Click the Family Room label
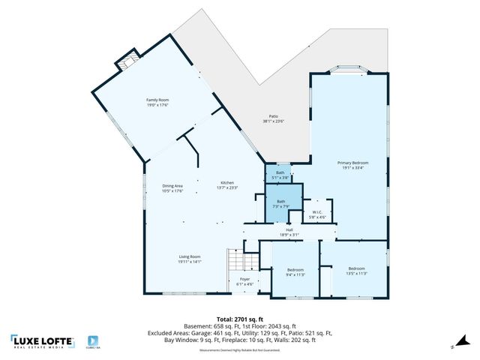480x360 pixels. (157, 101)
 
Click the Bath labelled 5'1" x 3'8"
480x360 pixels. (279, 175)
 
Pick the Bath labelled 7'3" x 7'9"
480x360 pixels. (280, 203)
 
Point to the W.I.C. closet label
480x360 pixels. (317, 214)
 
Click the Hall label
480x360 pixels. (289, 232)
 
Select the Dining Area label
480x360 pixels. (173, 188)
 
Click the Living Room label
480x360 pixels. (189, 259)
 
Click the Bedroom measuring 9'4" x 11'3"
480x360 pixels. (295, 271)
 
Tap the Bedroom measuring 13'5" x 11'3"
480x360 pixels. (356, 271)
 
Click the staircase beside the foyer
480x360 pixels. (241, 262)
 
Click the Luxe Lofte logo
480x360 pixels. (43, 342)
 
